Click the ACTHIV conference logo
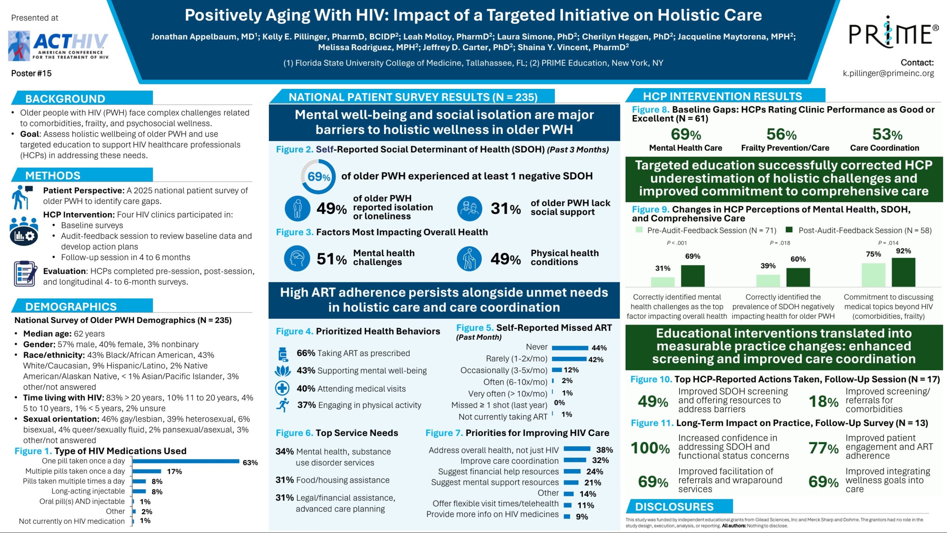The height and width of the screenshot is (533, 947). coord(58,46)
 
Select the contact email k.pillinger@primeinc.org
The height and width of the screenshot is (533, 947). coord(888,73)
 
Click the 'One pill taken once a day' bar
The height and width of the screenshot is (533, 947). coord(186,461)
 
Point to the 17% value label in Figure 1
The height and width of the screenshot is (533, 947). coord(175,472)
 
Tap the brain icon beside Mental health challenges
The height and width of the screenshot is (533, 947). coord(297,258)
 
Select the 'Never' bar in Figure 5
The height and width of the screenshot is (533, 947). coord(570,348)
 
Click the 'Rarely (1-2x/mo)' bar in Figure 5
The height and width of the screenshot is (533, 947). coord(569,359)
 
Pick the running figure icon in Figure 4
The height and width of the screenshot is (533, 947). coord(283,405)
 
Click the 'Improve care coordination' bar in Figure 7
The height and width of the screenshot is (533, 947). coord(575,460)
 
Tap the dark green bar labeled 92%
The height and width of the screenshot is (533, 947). coord(903,272)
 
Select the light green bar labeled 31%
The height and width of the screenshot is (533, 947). coord(663,282)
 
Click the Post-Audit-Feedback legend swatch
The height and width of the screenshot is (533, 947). coord(789,230)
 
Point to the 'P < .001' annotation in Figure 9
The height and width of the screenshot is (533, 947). coord(677,243)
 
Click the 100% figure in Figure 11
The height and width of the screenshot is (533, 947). coord(650,448)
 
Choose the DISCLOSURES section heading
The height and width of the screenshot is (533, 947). coord(674,507)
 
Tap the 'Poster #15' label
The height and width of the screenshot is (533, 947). coord(31,73)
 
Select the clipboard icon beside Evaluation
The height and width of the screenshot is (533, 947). coord(25,274)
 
